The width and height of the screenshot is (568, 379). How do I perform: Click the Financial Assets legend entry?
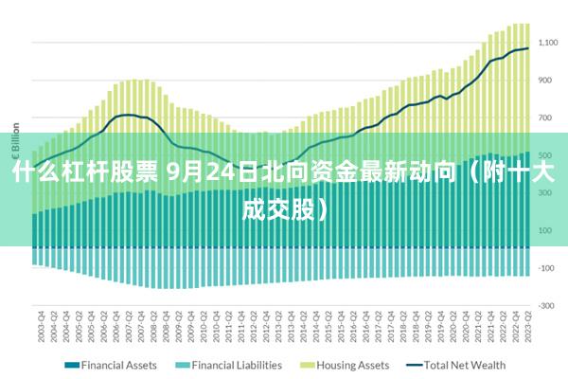[x=118, y=365]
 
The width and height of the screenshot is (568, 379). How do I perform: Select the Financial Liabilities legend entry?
[x=237, y=365]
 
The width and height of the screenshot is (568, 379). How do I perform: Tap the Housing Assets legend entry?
[x=352, y=365]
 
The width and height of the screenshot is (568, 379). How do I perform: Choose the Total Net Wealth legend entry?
[x=464, y=365]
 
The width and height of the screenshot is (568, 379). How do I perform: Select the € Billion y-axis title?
[x=16, y=142]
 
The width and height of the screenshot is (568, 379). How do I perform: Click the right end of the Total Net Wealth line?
[x=527, y=48]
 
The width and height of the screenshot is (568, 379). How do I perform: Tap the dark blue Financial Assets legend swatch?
[x=71, y=365]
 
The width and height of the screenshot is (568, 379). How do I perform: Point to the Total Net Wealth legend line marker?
[x=414, y=365]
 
